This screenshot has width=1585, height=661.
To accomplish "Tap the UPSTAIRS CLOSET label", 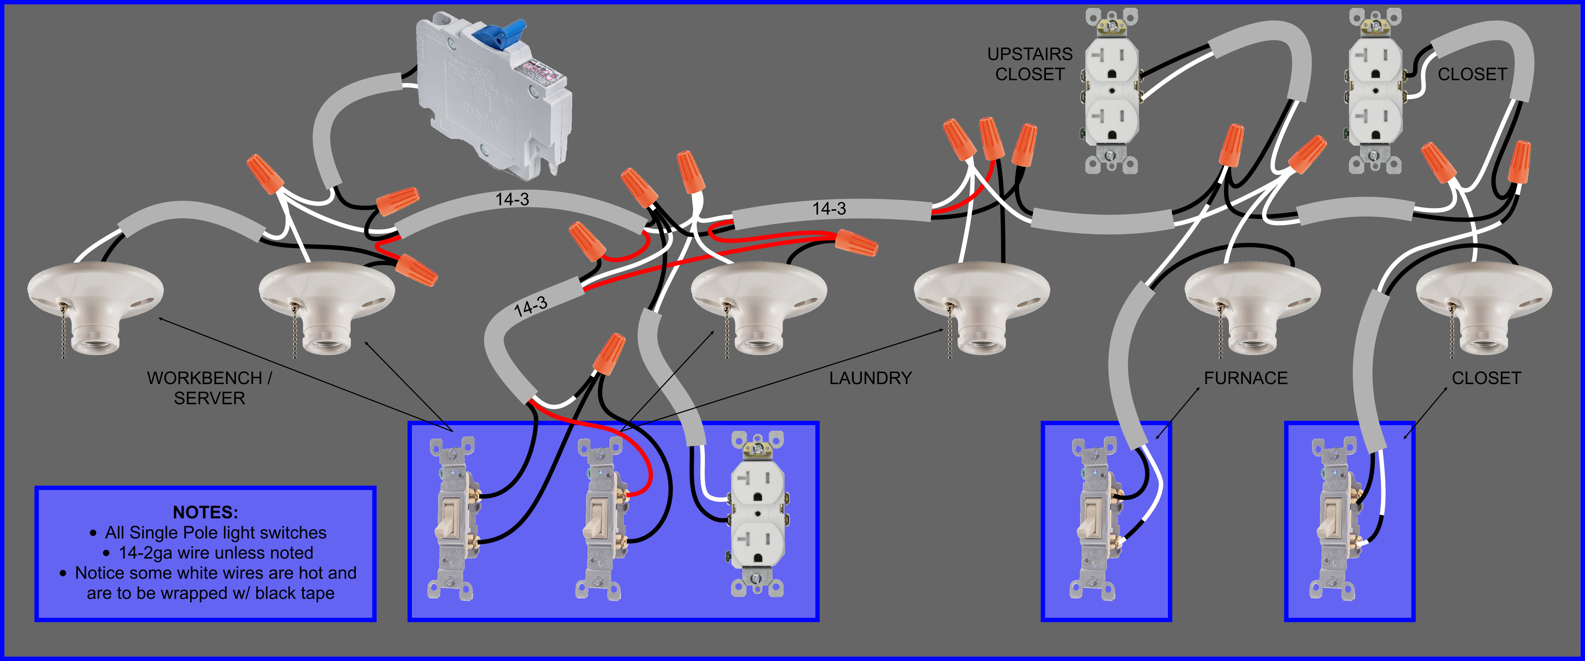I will click(x=1029, y=64).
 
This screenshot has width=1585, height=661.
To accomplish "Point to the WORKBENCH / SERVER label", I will click(x=209, y=388).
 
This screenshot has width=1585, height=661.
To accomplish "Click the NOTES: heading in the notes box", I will click(x=205, y=512).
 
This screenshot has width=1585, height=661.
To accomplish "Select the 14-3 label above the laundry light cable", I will click(x=829, y=209).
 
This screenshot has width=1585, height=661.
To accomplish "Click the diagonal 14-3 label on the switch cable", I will click(x=530, y=306).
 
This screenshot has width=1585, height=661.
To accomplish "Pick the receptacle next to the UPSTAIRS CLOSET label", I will click(x=1111, y=91).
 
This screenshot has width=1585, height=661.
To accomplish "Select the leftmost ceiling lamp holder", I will click(x=95, y=305).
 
